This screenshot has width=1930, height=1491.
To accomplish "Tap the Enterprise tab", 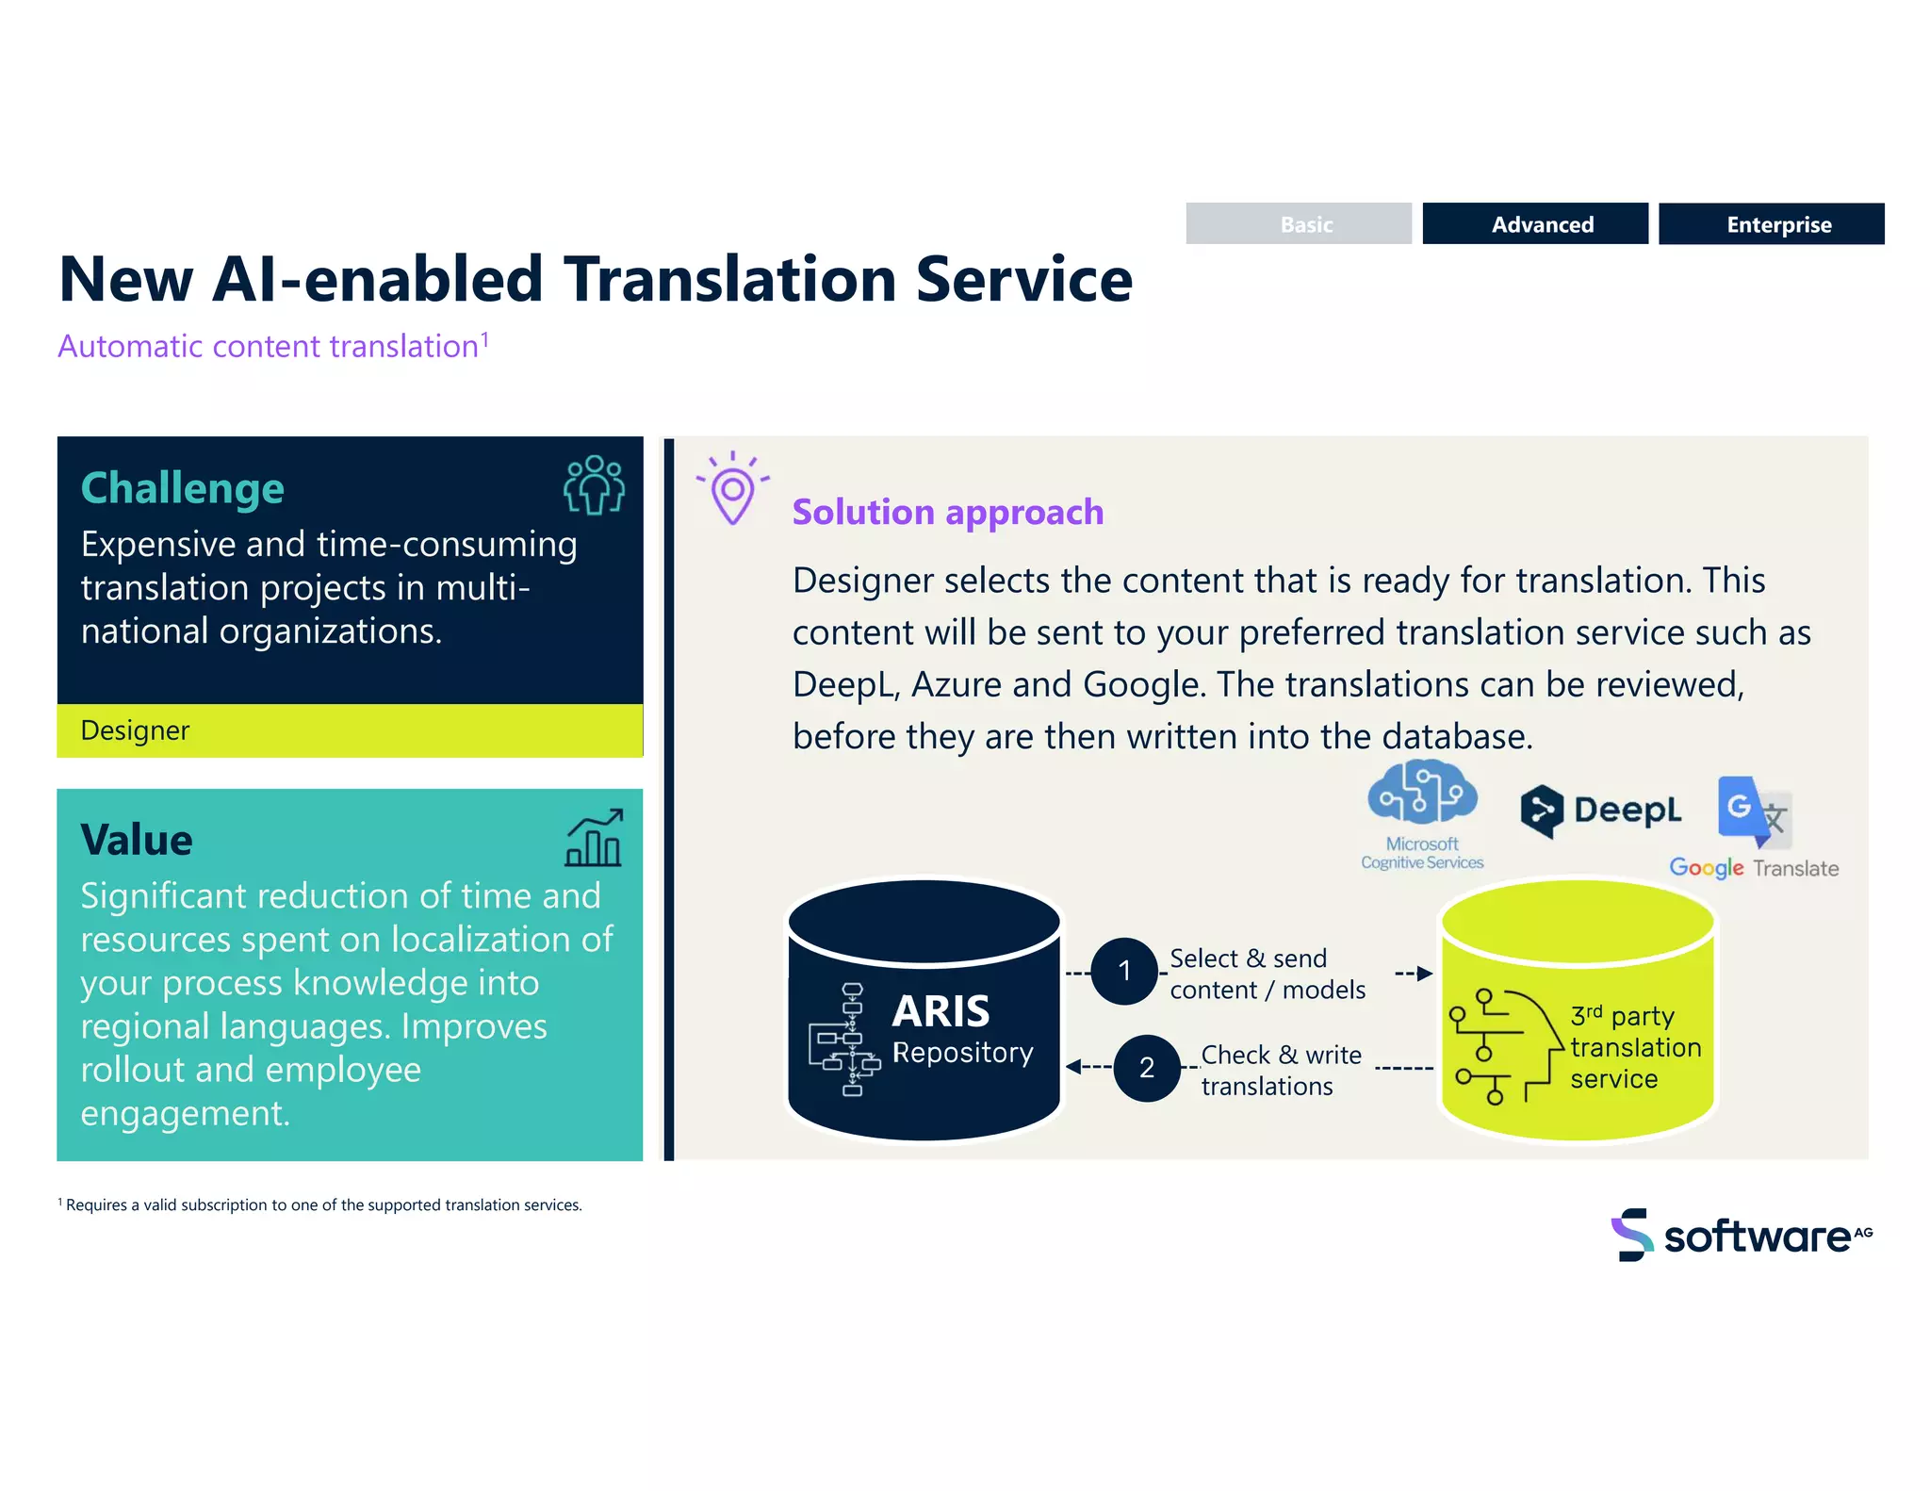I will click(1771, 224).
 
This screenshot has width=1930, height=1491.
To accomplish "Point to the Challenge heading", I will click(183, 488).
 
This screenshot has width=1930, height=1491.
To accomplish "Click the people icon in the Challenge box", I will click(594, 484).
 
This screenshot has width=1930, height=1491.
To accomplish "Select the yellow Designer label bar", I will click(350, 730).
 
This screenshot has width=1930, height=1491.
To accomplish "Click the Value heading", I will click(137, 839).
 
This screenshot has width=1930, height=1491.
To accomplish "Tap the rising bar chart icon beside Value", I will click(594, 838).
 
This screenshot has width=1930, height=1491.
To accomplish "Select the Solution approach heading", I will click(947, 512).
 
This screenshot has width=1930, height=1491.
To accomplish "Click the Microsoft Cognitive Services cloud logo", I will click(1422, 795).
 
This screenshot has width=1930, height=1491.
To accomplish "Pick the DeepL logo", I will click(1600, 810).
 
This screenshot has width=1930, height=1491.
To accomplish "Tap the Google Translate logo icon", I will click(1753, 811).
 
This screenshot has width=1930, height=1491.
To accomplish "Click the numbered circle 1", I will click(1123, 971).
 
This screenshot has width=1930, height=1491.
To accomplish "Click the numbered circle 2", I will click(1146, 1068).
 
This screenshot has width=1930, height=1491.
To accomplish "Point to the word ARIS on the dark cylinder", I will click(940, 1011).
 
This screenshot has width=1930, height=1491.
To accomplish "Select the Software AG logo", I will click(1741, 1235).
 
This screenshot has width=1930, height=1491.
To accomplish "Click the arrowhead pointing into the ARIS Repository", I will click(1073, 1067).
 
